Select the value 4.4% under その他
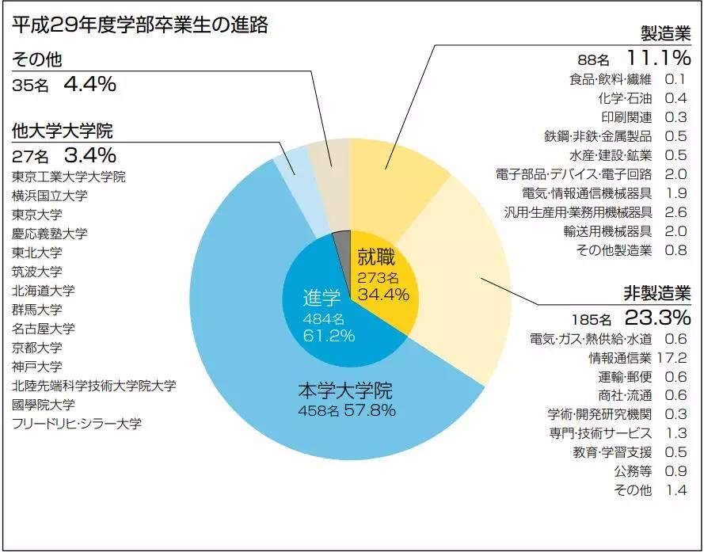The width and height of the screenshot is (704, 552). (89, 84)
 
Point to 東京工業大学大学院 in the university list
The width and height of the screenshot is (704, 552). (69, 176)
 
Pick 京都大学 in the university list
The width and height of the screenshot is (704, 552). (36, 347)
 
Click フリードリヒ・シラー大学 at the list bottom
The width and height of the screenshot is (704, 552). (77, 423)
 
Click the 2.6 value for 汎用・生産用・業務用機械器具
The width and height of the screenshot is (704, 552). (675, 212)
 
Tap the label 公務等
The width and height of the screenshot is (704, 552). (633, 471)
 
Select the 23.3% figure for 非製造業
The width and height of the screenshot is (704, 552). (658, 318)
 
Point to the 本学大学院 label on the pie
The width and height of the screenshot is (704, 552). (345, 390)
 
